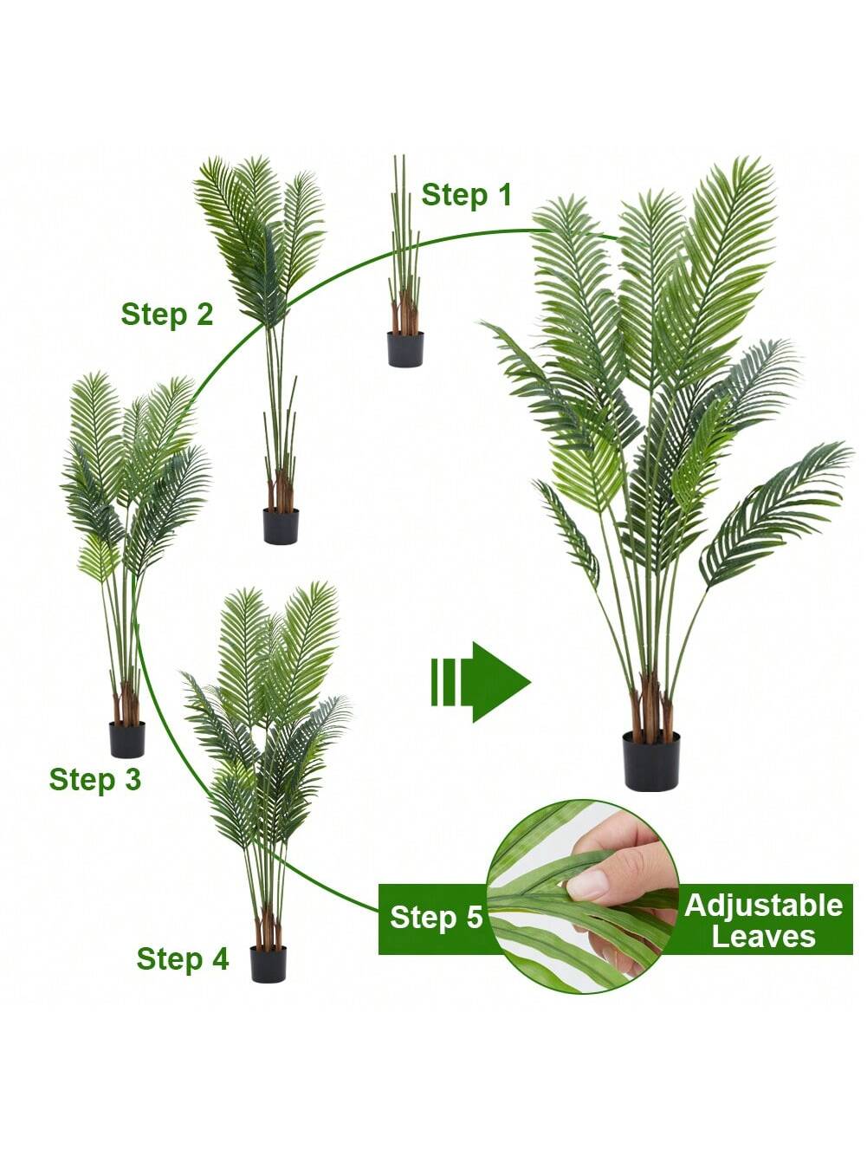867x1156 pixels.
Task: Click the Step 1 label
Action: [x=466, y=195]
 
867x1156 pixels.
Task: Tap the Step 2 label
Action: [x=167, y=315]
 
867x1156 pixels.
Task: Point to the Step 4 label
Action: [x=183, y=958]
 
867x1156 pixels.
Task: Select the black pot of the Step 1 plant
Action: [x=405, y=349]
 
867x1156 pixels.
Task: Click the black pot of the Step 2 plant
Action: [x=281, y=526]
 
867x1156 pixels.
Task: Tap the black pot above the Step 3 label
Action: [x=126, y=739]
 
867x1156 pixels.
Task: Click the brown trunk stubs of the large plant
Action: [x=651, y=708]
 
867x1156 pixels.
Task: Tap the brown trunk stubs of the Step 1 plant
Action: [x=404, y=314]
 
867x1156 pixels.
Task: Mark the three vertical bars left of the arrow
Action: [x=443, y=682]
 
